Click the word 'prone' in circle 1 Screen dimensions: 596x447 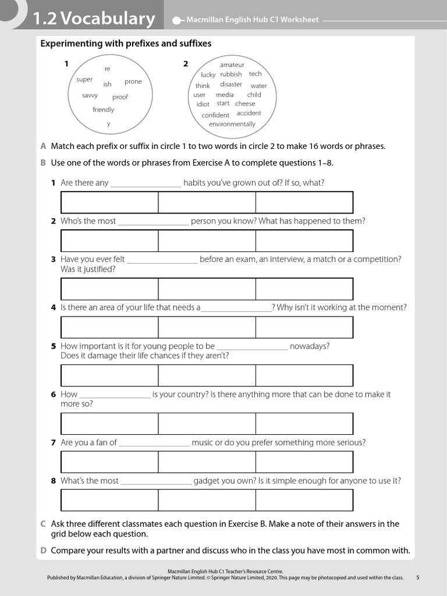(x=133, y=82)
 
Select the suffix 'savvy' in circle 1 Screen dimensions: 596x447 (x=90, y=95)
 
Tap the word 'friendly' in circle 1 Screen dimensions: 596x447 (x=104, y=110)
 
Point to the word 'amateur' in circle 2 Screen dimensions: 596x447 (x=232, y=65)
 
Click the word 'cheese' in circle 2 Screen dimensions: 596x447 (x=245, y=104)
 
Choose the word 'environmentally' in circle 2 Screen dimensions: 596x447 (x=232, y=124)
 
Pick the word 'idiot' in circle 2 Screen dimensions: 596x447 (x=203, y=104)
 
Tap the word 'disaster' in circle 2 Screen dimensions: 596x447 (x=231, y=84)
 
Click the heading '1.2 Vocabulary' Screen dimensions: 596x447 (x=94, y=19)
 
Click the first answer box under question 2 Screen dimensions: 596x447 (x=109, y=240)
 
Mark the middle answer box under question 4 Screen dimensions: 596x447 (x=207, y=327)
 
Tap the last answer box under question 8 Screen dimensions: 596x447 (x=304, y=500)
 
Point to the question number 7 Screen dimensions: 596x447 (x=53, y=442)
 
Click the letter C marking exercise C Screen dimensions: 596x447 (x=43, y=524)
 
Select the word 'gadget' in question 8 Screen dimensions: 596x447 (x=207, y=481)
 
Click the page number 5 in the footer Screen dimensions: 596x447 (x=417, y=577)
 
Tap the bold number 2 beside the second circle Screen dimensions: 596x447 (x=186, y=64)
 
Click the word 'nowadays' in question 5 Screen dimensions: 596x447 (x=310, y=346)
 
